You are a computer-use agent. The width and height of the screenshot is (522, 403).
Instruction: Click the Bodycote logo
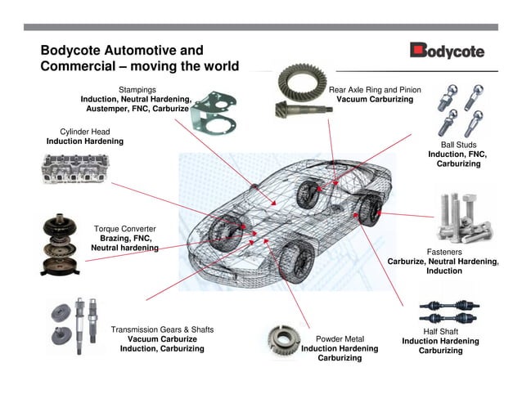click(447, 51)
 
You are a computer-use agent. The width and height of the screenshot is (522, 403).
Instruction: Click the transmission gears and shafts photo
click(77, 325)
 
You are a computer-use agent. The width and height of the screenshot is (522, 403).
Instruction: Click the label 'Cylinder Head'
click(84, 131)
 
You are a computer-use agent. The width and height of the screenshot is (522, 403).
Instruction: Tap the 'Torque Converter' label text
click(124, 229)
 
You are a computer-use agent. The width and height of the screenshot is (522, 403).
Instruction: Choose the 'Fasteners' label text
click(445, 252)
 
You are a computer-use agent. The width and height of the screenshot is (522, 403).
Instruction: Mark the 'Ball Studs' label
click(458, 144)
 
